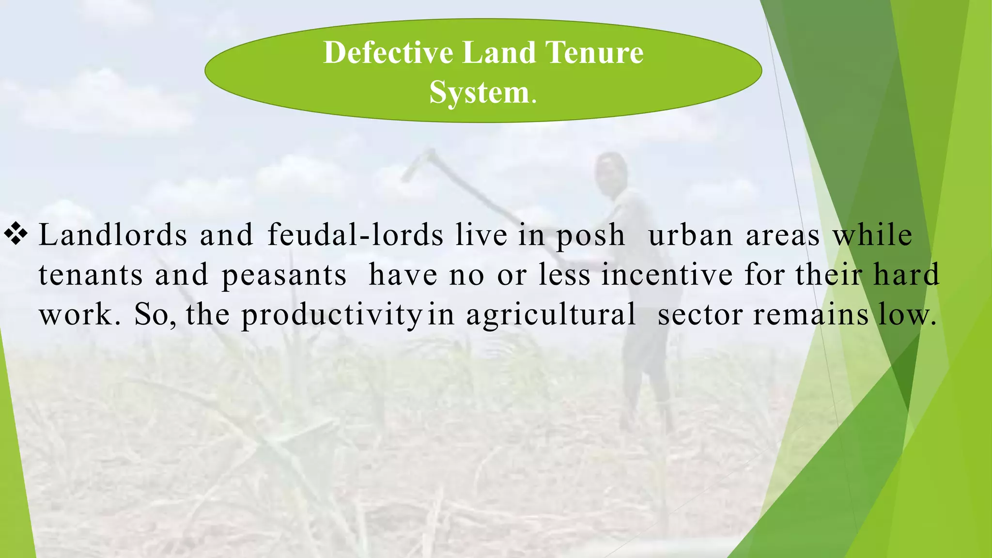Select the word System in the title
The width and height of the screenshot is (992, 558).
point(479,92)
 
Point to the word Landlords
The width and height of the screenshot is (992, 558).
point(112,235)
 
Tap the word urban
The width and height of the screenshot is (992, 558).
point(690,235)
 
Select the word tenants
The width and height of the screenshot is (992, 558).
point(91,275)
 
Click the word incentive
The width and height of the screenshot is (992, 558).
point(667,275)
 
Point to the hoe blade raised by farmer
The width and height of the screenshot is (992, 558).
point(417,165)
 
